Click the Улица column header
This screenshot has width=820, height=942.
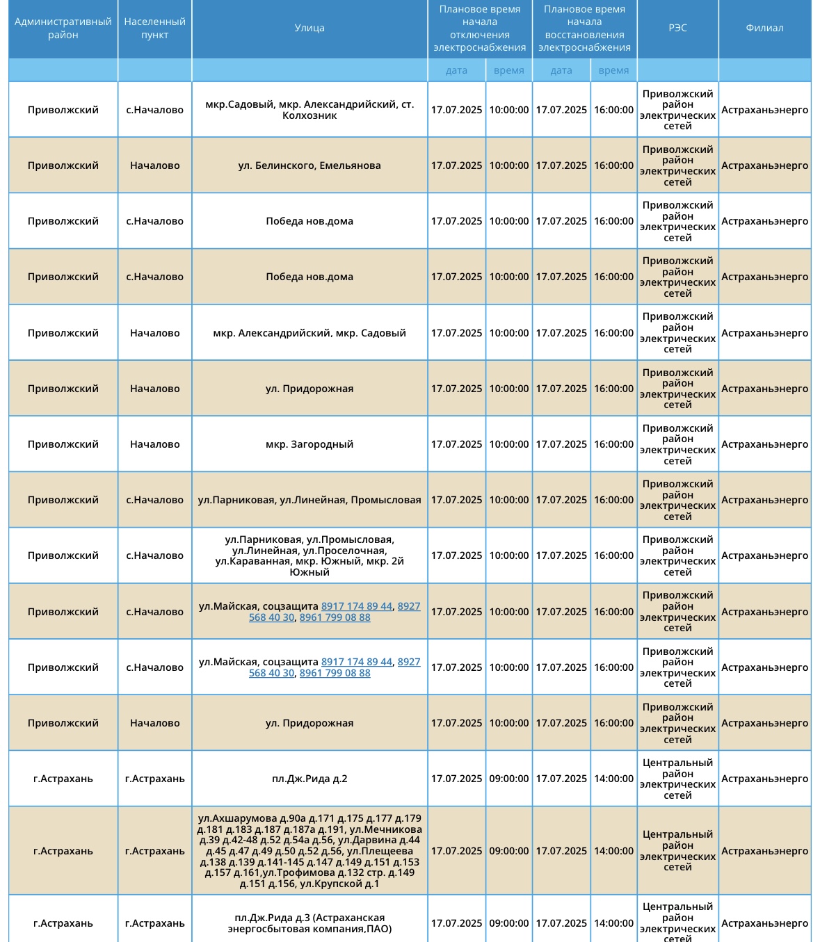click(x=309, y=29)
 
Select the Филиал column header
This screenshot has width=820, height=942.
click(x=764, y=29)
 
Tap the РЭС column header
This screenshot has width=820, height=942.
click(x=677, y=29)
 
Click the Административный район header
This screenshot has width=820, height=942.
click(x=63, y=29)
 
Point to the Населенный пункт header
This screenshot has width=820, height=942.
click(x=154, y=29)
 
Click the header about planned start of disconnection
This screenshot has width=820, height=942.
click(x=480, y=29)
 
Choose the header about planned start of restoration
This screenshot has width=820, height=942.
click(x=584, y=29)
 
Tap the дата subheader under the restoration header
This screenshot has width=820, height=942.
click(x=561, y=70)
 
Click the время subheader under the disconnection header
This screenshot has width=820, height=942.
click(x=509, y=70)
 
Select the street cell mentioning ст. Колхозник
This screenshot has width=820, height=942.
click(x=309, y=110)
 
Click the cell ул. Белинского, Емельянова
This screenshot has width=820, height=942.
click(x=309, y=165)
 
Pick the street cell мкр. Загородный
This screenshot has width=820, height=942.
click(x=309, y=444)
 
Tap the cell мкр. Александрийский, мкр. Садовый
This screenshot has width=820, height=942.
click(x=309, y=333)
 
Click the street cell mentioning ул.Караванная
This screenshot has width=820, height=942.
click(x=309, y=555)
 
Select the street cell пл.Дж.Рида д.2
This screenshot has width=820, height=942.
click(x=309, y=779)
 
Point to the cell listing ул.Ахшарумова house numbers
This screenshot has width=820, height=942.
click(x=309, y=851)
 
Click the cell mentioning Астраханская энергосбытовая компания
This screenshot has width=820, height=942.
click(x=309, y=923)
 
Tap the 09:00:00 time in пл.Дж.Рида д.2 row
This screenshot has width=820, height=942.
click(x=509, y=779)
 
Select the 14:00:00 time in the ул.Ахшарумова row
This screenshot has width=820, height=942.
click(x=613, y=851)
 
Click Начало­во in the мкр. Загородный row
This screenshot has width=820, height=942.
click(x=154, y=444)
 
